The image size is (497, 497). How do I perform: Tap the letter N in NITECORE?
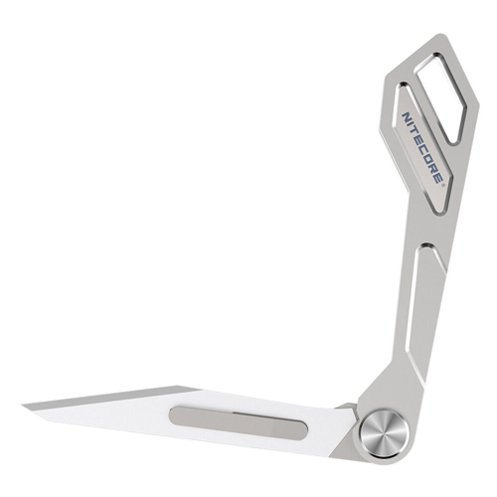[x=406, y=116]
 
